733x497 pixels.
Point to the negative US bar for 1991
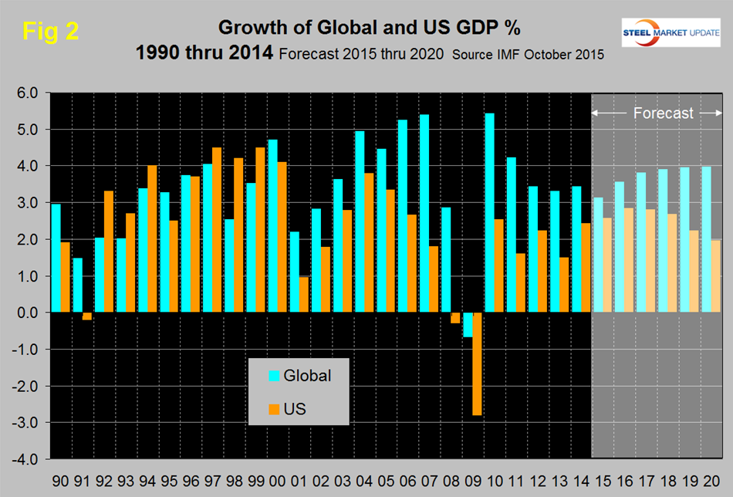[x=87, y=316]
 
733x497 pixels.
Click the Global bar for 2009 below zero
[x=468, y=325]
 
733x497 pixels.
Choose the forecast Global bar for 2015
[x=599, y=255]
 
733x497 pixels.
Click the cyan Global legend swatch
[x=273, y=376]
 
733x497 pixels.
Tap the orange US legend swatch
[x=273, y=408]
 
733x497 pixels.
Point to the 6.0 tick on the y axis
[x=27, y=93]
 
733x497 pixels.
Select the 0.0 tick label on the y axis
[x=27, y=313]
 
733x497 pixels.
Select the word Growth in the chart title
[x=248, y=28]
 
